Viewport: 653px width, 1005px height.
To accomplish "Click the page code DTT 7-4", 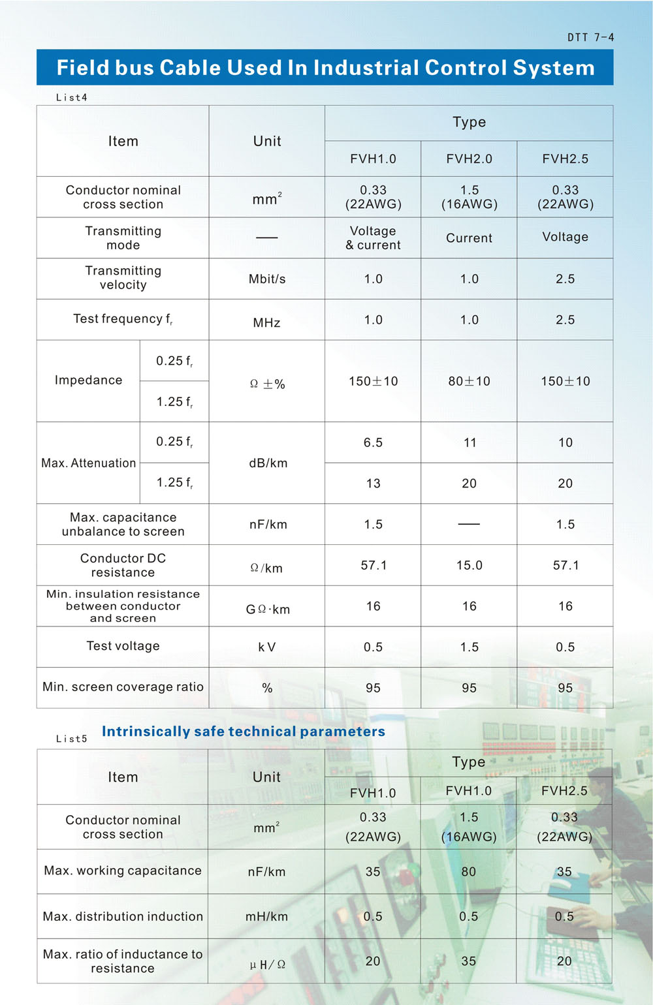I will click(x=590, y=38).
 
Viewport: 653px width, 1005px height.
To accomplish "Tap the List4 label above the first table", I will click(x=71, y=98).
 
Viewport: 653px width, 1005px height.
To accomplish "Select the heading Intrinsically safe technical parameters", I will click(x=243, y=732).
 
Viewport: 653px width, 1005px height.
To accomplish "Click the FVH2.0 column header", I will click(x=469, y=159).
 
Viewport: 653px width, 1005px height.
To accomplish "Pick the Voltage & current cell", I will click(x=373, y=238).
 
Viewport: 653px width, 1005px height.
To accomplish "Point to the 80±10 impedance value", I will click(x=469, y=381).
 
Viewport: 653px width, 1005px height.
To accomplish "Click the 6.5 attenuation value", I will click(x=373, y=442).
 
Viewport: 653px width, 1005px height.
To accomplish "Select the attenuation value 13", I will click(x=373, y=484).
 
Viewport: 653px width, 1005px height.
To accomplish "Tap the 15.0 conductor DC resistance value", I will click(x=469, y=565).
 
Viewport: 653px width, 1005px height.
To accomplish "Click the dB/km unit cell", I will click(x=268, y=463).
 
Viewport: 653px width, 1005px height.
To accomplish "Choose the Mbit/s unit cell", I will click(x=267, y=279).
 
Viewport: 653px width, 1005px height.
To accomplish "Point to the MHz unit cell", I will click(x=266, y=322).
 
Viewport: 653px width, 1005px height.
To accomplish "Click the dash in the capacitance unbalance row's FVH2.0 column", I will click(x=469, y=524).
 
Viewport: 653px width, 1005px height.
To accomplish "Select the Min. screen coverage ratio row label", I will click(x=123, y=687).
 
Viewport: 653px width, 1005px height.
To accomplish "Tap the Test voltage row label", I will click(x=123, y=646).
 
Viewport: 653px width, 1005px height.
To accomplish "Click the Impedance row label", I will click(x=88, y=380).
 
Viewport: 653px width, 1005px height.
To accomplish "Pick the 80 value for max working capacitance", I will click(x=468, y=872).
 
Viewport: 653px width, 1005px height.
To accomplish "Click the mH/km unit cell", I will click(x=266, y=917).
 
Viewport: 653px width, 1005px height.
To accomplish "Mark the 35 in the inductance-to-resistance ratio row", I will click(x=468, y=961).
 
